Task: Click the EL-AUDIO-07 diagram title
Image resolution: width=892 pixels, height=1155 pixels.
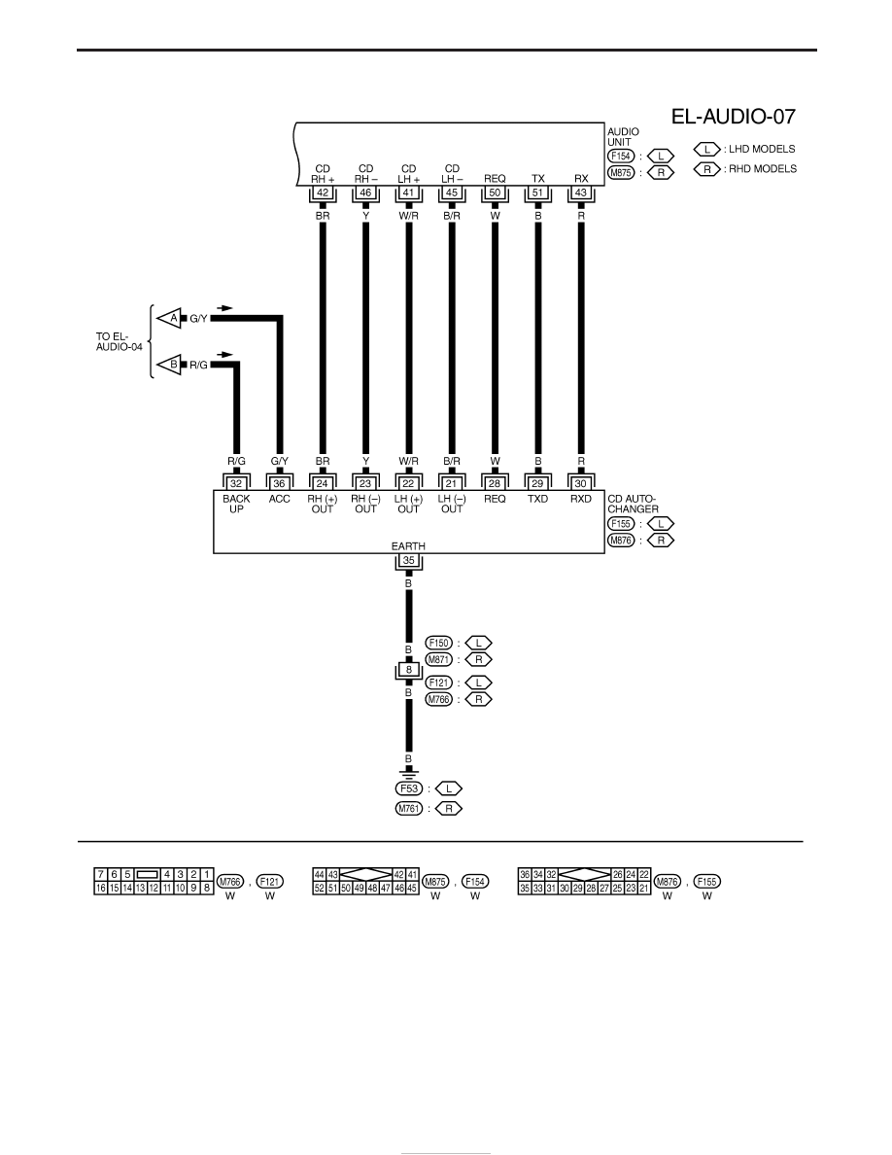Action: coord(733,117)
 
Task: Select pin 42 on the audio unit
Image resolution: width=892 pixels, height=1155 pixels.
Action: coord(323,193)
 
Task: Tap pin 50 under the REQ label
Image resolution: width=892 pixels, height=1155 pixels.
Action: coord(495,193)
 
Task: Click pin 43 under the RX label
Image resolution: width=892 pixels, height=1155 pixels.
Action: coord(581,193)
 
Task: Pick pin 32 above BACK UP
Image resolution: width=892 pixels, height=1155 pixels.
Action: coord(236,484)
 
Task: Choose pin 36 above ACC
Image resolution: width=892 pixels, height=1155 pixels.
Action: coord(279,484)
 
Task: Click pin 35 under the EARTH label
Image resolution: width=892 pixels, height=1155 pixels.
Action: coord(408,561)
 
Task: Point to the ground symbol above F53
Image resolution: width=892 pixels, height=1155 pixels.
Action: coord(408,774)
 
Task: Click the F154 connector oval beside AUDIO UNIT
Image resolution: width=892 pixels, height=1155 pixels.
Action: coord(621,157)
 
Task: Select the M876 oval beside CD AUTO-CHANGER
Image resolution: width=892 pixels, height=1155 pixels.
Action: coord(621,540)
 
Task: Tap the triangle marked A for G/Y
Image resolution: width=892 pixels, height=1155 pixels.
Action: coord(171,318)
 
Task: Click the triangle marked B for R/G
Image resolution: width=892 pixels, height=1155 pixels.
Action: coord(171,364)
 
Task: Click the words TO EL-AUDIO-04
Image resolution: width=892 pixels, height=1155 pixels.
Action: coord(120,341)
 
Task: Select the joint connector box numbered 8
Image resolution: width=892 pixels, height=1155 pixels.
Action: coord(408,670)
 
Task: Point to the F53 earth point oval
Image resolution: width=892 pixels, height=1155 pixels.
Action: coord(408,788)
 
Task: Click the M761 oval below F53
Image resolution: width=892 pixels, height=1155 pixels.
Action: coord(408,809)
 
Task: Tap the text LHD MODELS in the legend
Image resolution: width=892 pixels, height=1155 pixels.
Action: coord(762,149)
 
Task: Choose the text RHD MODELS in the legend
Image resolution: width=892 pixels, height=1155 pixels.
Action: coord(763,169)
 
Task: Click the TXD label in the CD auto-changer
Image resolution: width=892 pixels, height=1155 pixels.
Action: coord(538,499)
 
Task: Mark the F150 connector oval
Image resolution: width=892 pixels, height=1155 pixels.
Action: coord(438,643)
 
